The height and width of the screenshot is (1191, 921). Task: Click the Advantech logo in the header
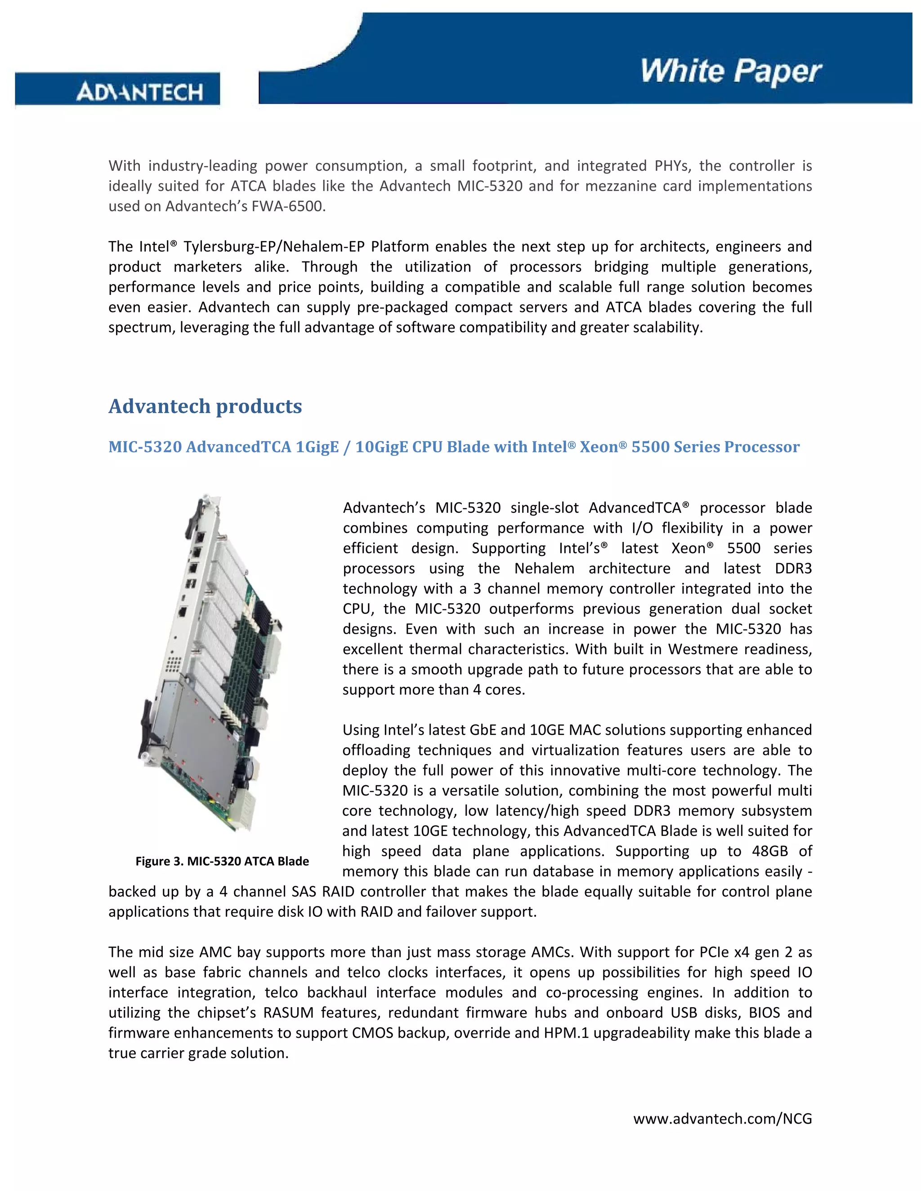(x=140, y=92)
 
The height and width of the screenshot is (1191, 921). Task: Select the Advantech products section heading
(x=205, y=406)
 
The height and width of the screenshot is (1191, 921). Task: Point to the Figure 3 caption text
(x=222, y=861)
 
